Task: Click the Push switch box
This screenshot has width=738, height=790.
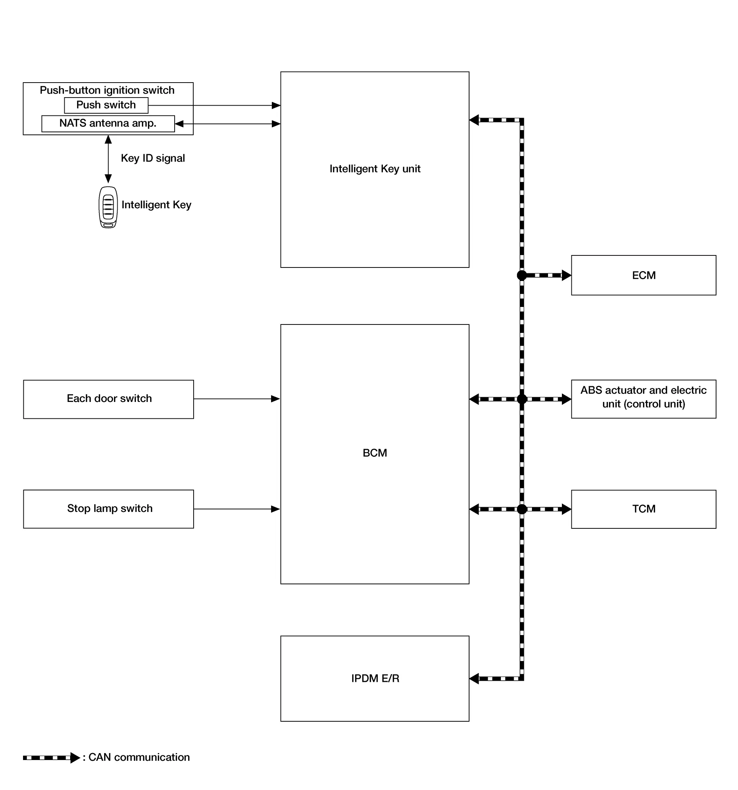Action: click(106, 105)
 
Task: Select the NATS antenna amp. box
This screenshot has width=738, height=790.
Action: click(108, 124)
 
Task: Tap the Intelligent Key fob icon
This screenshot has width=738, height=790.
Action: click(108, 208)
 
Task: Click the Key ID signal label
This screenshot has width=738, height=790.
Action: click(153, 158)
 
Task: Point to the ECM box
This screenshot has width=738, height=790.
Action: click(643, 276)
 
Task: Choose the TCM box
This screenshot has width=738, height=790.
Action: click(643, 509)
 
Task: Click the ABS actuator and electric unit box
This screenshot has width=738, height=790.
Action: click(643, 399)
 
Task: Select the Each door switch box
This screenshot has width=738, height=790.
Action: click(109, 399)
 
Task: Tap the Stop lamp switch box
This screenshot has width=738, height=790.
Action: click(109, 509)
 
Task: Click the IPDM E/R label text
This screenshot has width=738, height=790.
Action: click(375, 678)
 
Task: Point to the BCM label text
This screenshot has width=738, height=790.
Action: click(375, 453)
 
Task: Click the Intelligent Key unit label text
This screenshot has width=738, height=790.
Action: click(375, 169)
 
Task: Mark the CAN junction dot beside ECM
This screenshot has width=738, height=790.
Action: click(522, 275)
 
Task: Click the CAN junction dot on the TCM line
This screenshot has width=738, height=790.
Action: click(522, 509)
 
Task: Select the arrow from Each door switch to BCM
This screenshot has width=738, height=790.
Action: click(237, 399)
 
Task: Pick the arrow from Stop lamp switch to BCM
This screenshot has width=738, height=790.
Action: click(237, 509)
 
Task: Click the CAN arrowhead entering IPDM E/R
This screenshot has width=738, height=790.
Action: click(474, 679)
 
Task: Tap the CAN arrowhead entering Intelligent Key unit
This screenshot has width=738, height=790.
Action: click(474, 120)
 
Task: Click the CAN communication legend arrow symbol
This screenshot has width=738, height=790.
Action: click(52, 758)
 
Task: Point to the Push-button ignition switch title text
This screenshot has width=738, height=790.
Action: click(107, 90)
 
